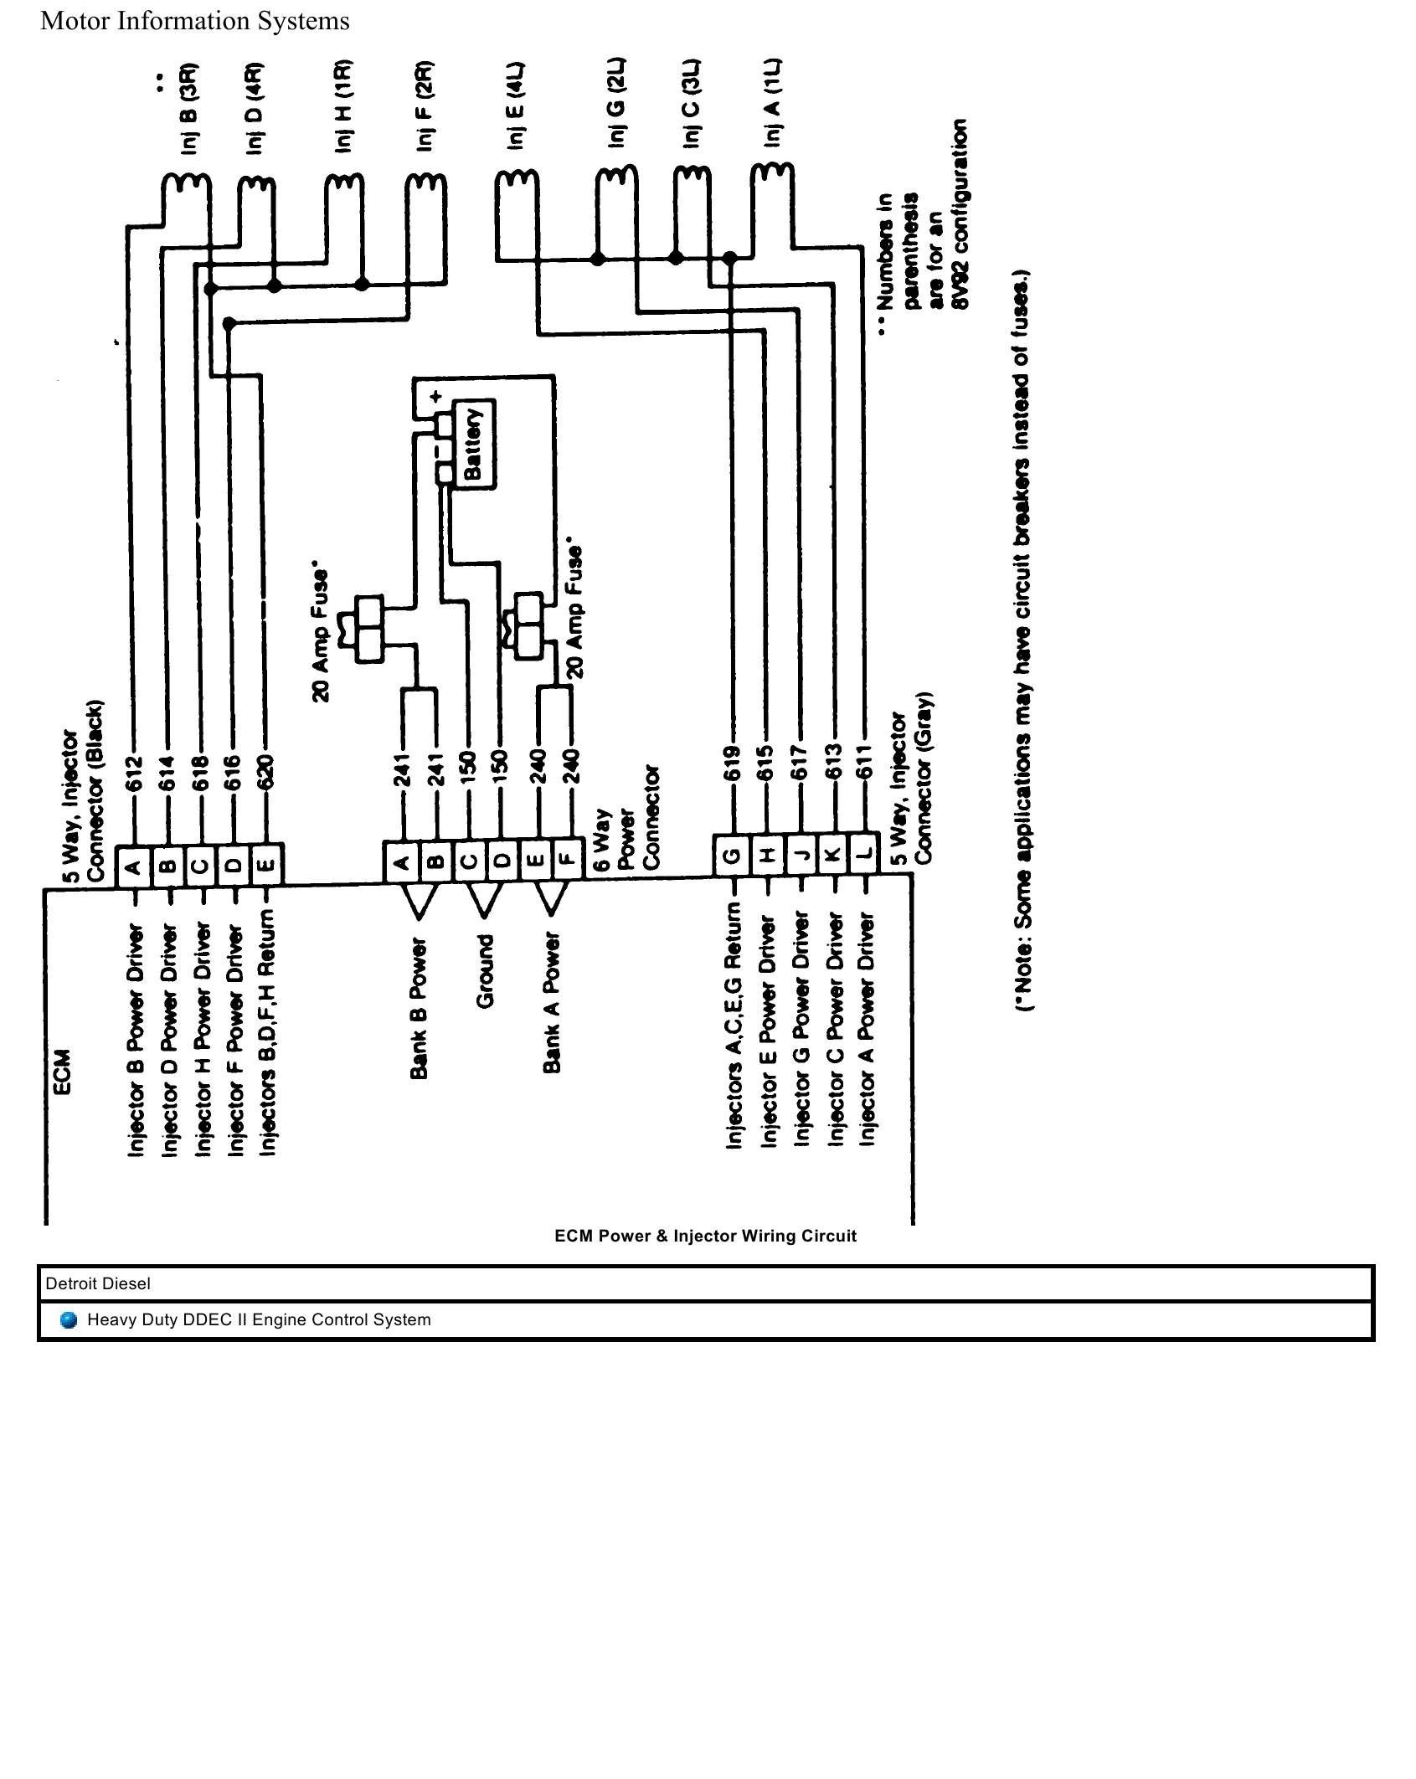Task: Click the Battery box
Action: pos(474,444)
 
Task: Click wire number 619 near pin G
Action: pos(732,765)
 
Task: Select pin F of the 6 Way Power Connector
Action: pos(568,860)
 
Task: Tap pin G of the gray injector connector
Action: pos(731,855)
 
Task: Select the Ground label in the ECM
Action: pos(485,970)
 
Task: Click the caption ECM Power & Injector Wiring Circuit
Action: pos(705,1237)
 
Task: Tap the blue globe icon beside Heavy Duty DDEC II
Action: pos(70,1320)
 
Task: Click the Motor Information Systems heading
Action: pos(195,21)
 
